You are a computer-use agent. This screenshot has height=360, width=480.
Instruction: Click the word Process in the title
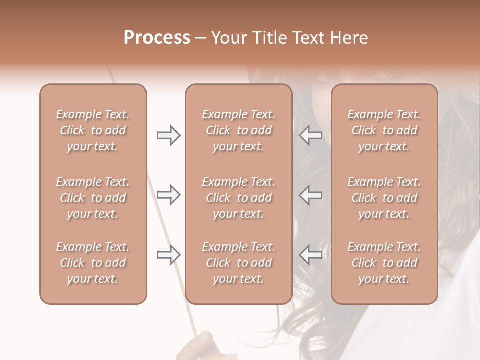157,38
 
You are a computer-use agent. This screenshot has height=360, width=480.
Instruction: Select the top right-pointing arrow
169,135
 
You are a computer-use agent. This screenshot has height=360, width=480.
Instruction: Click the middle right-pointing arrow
169,195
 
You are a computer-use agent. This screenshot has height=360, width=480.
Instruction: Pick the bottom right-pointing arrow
169,255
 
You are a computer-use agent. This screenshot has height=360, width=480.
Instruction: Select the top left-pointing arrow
310,135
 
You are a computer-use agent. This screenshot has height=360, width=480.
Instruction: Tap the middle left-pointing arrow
310,195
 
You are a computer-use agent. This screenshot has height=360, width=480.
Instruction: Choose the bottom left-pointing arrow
310,255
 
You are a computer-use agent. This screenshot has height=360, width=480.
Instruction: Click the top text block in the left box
93,130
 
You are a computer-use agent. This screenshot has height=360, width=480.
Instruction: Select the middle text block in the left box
93,198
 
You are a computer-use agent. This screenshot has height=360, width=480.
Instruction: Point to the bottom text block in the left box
93,263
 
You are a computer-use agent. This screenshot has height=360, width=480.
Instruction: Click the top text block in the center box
239,130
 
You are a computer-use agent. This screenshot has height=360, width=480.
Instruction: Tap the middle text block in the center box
239,198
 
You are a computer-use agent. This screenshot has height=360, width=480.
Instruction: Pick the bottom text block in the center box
239,263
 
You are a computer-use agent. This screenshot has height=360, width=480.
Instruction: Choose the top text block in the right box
384,130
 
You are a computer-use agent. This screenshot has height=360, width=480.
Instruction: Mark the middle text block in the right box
384,198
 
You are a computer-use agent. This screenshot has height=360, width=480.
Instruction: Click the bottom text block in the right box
384,263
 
